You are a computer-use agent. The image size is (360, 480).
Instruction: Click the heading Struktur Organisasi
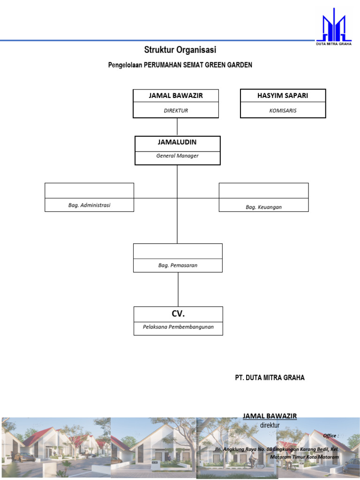[x=180, y=50]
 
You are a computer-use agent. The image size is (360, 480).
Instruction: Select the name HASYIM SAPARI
[x=283, y=96]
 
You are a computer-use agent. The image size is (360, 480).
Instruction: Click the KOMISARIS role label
[x=283, y=111]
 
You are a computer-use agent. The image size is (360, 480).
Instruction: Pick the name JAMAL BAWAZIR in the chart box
[x=176, y=96]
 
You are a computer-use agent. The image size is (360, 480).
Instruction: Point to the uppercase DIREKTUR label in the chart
[x=176, y=111]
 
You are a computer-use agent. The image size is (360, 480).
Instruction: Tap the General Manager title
[x=177, y=156]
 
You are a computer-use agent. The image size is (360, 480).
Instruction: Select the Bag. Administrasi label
[x=89, y=205]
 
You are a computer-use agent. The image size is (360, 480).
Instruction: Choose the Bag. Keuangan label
[x=263, y=207]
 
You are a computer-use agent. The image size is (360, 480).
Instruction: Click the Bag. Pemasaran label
[x=178, y=265]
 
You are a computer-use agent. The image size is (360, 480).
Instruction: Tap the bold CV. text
[x=178, y=314]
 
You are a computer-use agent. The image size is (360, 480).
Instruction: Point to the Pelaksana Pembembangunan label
[x=178, y=327]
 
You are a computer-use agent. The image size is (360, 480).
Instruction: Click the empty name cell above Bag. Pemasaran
[x=178, y=251]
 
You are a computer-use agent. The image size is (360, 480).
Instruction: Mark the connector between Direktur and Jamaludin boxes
[x=177, y=127]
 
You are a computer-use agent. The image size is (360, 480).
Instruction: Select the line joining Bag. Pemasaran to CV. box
[x=178, y=289]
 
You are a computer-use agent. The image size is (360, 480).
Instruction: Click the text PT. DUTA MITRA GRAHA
[x=270, y=378]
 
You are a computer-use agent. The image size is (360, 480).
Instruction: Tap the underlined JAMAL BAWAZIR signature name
[x=270, y=416]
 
